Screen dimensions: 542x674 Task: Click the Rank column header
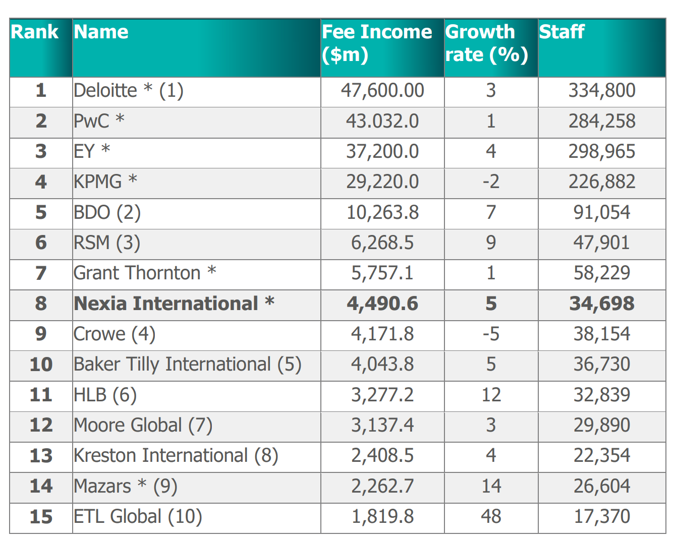point(35,32)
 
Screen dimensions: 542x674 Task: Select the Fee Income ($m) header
point(377,43)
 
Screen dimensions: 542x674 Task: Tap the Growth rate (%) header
point(486,43)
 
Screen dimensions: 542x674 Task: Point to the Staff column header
point(561,32)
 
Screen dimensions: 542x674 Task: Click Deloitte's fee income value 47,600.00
point(382,91)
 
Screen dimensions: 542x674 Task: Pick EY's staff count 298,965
point(601,151)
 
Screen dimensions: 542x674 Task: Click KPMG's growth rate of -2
point(491,182)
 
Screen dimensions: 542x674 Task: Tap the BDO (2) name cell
point(107,212)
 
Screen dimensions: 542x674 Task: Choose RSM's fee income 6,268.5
point(382,243)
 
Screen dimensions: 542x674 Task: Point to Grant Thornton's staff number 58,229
point(601,273)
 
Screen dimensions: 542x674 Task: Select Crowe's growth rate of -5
point(491,334)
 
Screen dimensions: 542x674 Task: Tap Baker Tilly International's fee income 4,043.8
point(382,364)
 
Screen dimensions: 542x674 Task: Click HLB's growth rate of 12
point(491,395)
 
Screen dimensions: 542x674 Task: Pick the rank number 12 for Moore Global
point(41,425)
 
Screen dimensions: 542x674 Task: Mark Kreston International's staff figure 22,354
point(601,455)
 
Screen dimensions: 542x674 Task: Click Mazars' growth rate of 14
point(491,486)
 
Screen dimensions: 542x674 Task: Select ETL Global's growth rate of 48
point(491,516)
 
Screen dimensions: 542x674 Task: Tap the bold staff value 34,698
point(601,304)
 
